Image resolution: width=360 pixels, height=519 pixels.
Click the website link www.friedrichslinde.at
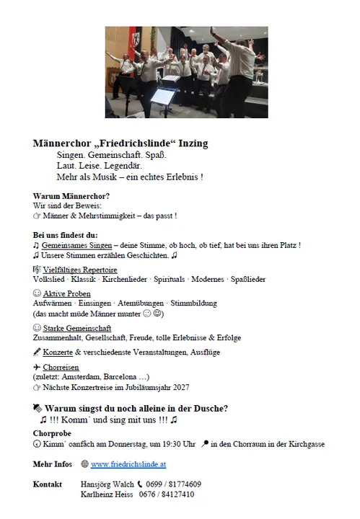pyautogui.click(x=128, y=464)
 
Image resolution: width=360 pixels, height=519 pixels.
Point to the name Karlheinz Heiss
pyautogui.click(x=107, y=494)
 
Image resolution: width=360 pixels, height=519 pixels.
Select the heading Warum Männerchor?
pyautogui.click(x=71, y=196)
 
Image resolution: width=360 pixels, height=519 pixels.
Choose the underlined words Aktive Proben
pyautogui.click(x=69, y=294)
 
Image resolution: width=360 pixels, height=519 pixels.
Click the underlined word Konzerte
pyautogui.click(x=59, y=352)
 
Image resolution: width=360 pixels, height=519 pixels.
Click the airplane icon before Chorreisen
pyautogui.click(x=37, y=367)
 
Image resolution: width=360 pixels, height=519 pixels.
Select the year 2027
pyautogui.click(x=194, y=387)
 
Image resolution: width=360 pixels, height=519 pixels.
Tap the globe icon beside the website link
pyautogui.click(x=84, y=464)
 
